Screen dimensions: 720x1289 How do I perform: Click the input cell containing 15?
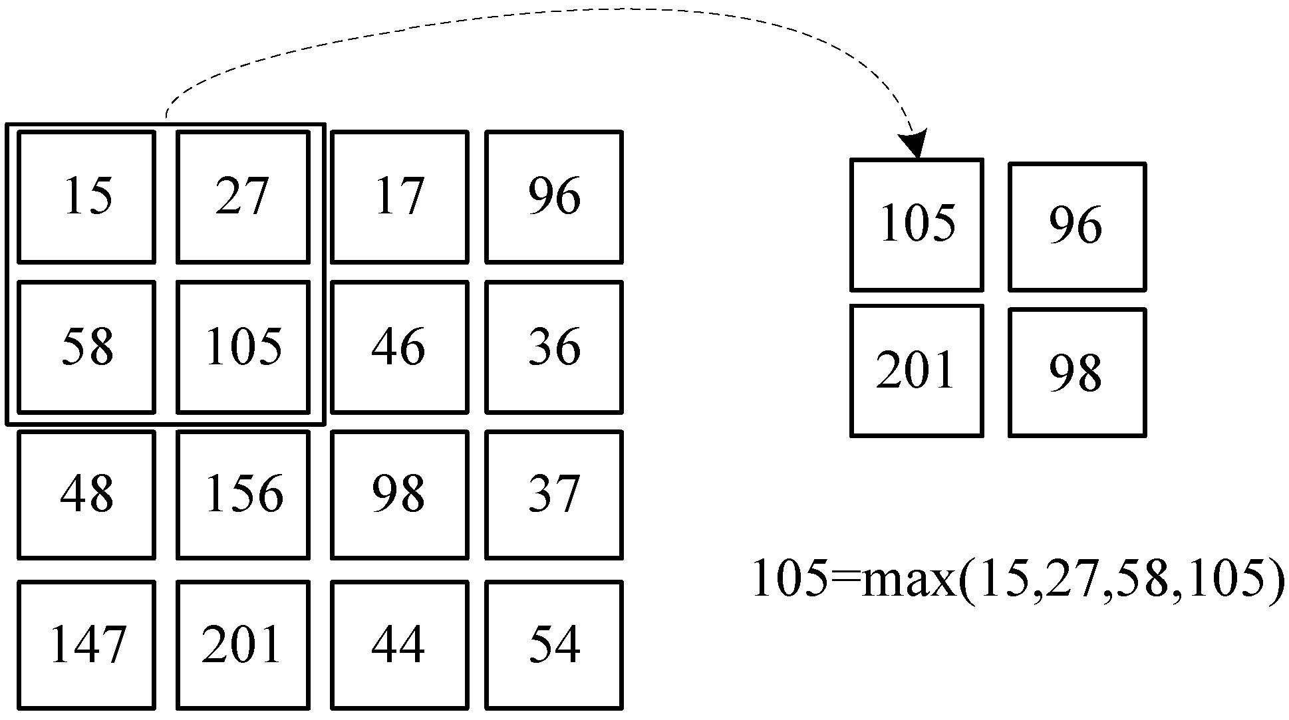86,197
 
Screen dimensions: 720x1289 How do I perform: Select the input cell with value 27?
243,197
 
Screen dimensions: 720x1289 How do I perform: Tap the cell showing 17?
399,197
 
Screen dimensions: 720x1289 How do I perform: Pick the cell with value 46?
399,347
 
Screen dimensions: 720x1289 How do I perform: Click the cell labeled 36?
554,347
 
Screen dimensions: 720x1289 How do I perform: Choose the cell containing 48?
86,495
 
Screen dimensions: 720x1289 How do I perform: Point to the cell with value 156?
243,495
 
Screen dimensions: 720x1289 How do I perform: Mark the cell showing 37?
554,495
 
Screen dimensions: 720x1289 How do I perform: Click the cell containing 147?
86,645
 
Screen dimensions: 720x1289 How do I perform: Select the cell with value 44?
399,645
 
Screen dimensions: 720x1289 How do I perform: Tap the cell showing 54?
554,645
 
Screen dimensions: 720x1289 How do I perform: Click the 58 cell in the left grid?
86,347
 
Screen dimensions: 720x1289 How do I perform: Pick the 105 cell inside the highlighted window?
243,347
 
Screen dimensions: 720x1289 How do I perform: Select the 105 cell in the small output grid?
917,225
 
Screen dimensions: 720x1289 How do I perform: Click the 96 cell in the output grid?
1076,226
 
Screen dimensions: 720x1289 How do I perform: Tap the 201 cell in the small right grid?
917,371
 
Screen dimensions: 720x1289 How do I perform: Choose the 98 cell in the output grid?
1076,372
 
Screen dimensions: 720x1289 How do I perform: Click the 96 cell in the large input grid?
554,197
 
